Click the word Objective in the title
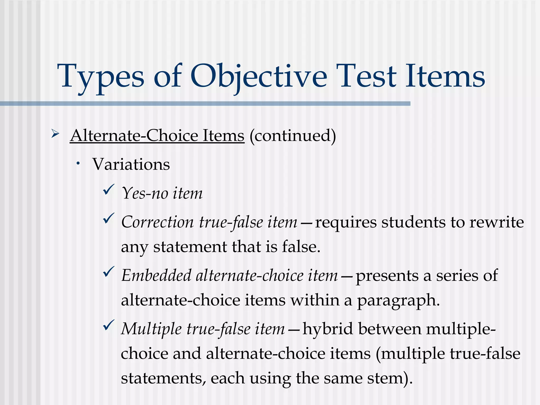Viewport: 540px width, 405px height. click(258, 76)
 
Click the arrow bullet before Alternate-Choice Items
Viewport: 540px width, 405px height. click(55, 134)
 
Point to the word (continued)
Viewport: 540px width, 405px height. click(293, 136)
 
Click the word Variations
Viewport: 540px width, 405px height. click(131, 164)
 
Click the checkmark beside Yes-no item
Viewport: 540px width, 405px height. click(108, 190)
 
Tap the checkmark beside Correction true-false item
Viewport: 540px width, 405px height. click(108, 218)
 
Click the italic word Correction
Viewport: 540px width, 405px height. click(157, 222)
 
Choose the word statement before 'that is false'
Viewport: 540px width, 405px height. click(190, 247)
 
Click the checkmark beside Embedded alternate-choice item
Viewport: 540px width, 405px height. click(108, 272)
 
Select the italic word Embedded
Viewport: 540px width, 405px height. click(156, 276)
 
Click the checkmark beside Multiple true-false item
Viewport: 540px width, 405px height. click(108, 325)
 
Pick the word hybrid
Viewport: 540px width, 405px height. click(328, 329)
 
